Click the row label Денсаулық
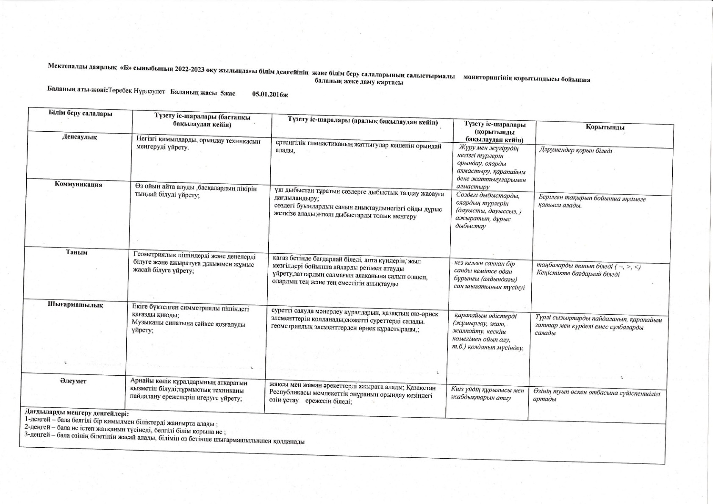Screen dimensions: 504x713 tap(80, 137)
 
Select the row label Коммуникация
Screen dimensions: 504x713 tap(78, 184)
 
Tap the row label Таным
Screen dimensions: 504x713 tap(77, 252)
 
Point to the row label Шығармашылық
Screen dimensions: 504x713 tap(75, 305)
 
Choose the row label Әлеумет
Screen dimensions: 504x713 tap(73, 381)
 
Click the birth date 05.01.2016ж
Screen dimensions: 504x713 tap(270, 94)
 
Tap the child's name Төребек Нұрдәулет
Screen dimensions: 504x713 tap(136, 91)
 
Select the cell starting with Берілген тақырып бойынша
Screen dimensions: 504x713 tap(592, 202)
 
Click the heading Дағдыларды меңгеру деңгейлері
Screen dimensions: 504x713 tap(76, 412)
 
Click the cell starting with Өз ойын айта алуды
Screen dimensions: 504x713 tap(196, 192)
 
